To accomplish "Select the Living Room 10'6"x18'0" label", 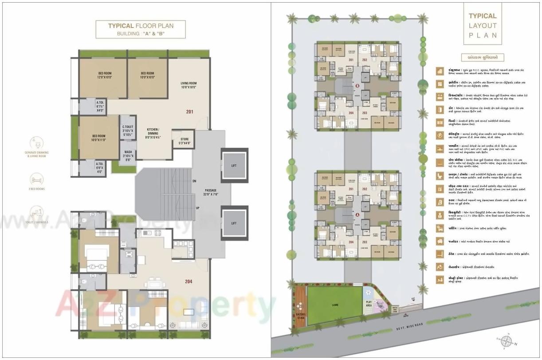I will tap(189, 85).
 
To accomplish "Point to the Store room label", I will tap(184, 141).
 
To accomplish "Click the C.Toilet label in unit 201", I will tap(129, 131).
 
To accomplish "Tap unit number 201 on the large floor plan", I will tap(189, 112).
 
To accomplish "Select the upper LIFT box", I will tap(234, 165).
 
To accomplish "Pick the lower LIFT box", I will tap(234, 223).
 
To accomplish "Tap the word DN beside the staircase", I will tap(194, 181).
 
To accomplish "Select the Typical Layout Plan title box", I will tap(483, 26).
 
